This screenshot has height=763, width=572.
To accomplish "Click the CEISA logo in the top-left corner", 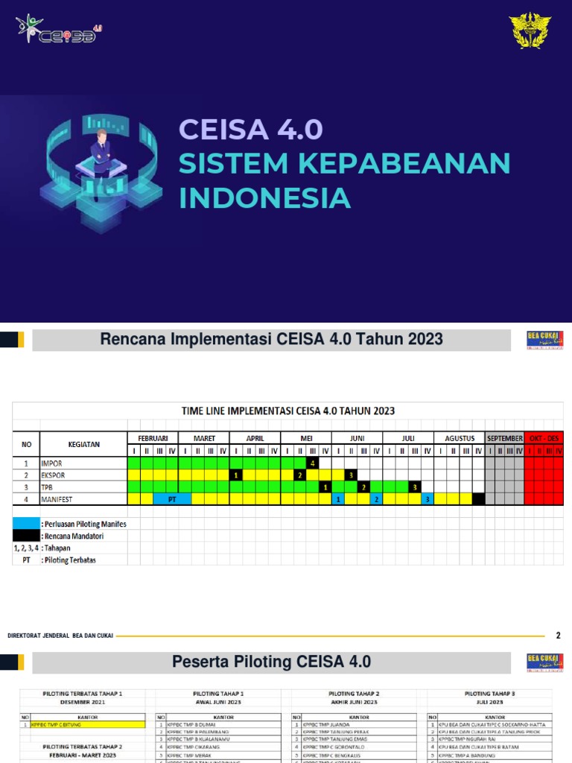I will (56, 29).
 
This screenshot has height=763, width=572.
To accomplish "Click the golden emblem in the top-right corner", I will (530, 31).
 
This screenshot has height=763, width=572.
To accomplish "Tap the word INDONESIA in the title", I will (264, 198).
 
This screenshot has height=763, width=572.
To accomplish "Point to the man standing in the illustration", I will (101, 153).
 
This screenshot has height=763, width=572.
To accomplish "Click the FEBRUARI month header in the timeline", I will (153, 438).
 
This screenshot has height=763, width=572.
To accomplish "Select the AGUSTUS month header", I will (460, 438).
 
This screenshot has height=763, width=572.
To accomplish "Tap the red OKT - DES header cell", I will (544, 438).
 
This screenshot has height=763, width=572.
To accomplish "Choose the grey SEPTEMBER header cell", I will (504, 438).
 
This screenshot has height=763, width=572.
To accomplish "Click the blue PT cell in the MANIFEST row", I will (172, 499).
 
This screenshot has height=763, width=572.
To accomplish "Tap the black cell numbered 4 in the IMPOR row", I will (312, 463).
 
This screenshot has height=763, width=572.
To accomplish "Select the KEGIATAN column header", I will (83, 444).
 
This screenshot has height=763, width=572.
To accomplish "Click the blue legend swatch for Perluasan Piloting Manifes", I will (26, 524).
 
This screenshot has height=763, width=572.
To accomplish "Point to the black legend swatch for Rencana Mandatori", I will (26, 536).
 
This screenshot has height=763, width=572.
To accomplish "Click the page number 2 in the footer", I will (559, 636).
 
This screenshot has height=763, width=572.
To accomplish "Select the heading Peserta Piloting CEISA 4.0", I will (271, 662).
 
